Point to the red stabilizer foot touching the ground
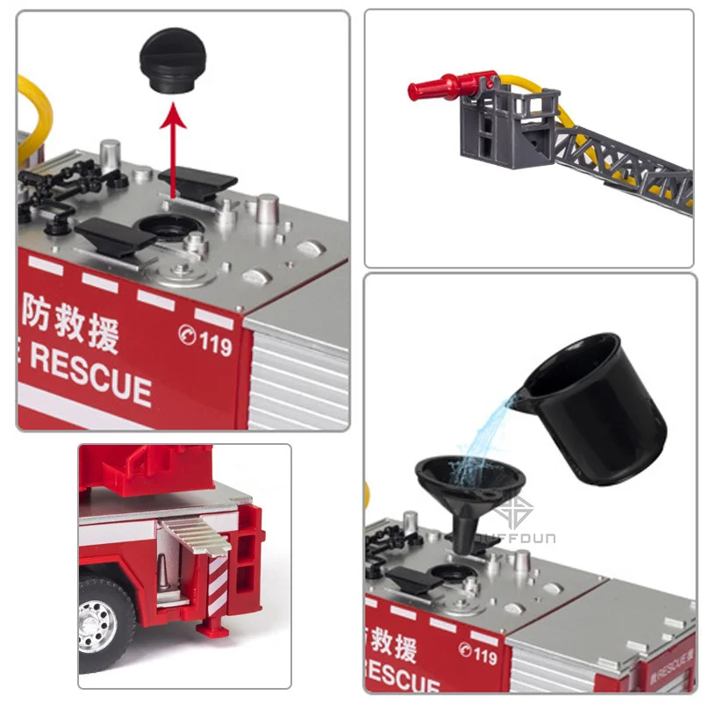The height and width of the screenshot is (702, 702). tap(210, 628)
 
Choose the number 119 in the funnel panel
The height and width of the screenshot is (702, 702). tap(477, 654)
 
